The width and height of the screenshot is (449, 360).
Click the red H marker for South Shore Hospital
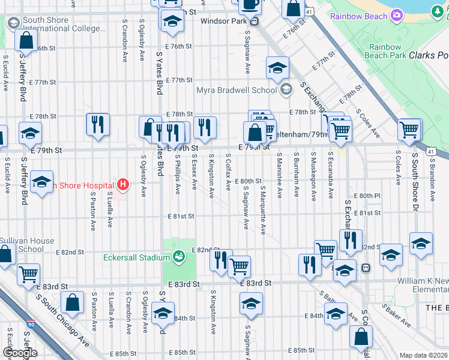[123, 184]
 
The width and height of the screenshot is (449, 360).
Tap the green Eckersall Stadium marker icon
[178, 257]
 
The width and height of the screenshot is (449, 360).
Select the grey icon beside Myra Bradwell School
[286, 91]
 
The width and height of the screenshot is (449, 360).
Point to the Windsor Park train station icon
[255, 22]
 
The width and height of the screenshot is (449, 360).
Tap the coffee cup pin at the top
[250, 5]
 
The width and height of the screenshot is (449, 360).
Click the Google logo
[20, 353]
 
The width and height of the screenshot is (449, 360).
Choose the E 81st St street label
[181, 215]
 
